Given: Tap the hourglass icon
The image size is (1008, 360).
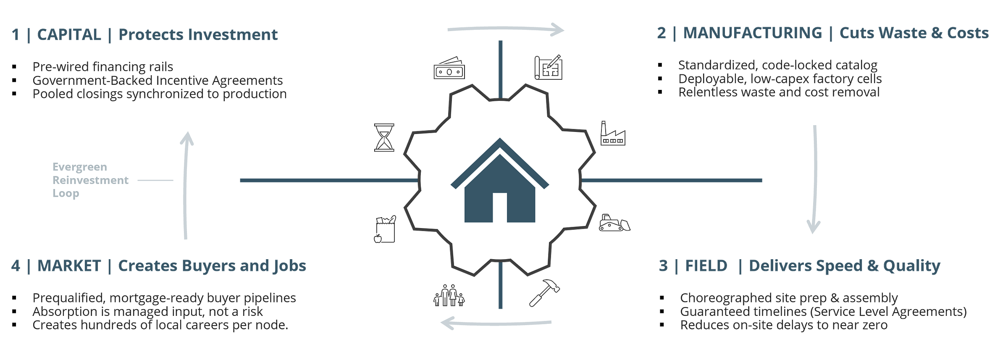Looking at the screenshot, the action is (x=384, y=137).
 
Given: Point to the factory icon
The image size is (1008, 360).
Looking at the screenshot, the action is (x=613, y=134).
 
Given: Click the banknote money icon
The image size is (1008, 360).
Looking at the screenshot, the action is (x=449, y=68).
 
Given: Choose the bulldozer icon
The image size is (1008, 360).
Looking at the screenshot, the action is (x=614, y=223).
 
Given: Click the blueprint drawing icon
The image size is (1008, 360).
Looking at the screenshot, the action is (x=549, y=68).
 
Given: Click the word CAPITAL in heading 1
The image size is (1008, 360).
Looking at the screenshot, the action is (x=69, y=35).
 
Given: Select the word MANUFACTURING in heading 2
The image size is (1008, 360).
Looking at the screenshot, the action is (x=752, y=33).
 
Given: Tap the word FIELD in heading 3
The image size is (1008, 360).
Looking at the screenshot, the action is (x=706, y=266).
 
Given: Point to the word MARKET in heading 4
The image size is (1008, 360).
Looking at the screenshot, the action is (x=69, y=266).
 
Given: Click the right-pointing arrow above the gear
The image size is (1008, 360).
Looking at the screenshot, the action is (x=506, y=29).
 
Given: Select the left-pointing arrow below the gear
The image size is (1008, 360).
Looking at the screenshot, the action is (x=496, y=323).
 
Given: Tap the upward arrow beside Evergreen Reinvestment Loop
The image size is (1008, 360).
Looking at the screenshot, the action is (x=186, y=185).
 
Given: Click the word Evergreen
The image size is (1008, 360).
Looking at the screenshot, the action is (x=79, y=167).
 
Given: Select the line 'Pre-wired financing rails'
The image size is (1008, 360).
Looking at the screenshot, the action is (x=102, y=67).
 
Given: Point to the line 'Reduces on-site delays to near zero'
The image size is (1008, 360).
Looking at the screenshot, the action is (x=784, y=325).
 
